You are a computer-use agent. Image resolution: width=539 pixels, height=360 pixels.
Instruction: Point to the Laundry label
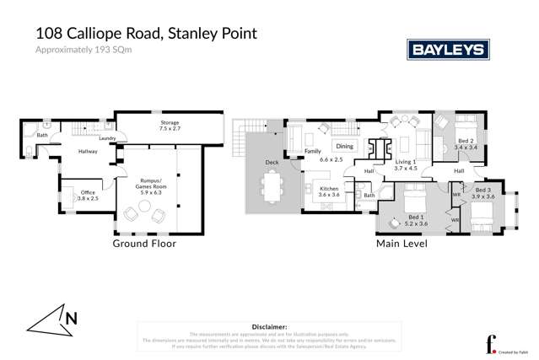pos(106,138)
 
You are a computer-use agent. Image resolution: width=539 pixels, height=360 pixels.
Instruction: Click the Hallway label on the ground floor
pos(88,152)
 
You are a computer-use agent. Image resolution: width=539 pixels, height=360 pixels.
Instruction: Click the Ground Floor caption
pos(144,244)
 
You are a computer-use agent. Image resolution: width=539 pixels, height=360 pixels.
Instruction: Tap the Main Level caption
pos(402,244)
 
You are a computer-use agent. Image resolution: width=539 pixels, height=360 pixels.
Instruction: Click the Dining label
pos(345,146)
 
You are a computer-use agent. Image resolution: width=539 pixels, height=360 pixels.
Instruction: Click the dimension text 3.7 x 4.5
pos(406,168)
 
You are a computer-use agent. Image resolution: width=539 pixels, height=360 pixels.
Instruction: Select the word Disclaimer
pos(269,325)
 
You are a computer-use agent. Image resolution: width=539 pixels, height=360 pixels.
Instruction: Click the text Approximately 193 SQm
pos(84,51)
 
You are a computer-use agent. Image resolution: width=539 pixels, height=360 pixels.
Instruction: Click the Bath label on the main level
pos(369,196)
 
